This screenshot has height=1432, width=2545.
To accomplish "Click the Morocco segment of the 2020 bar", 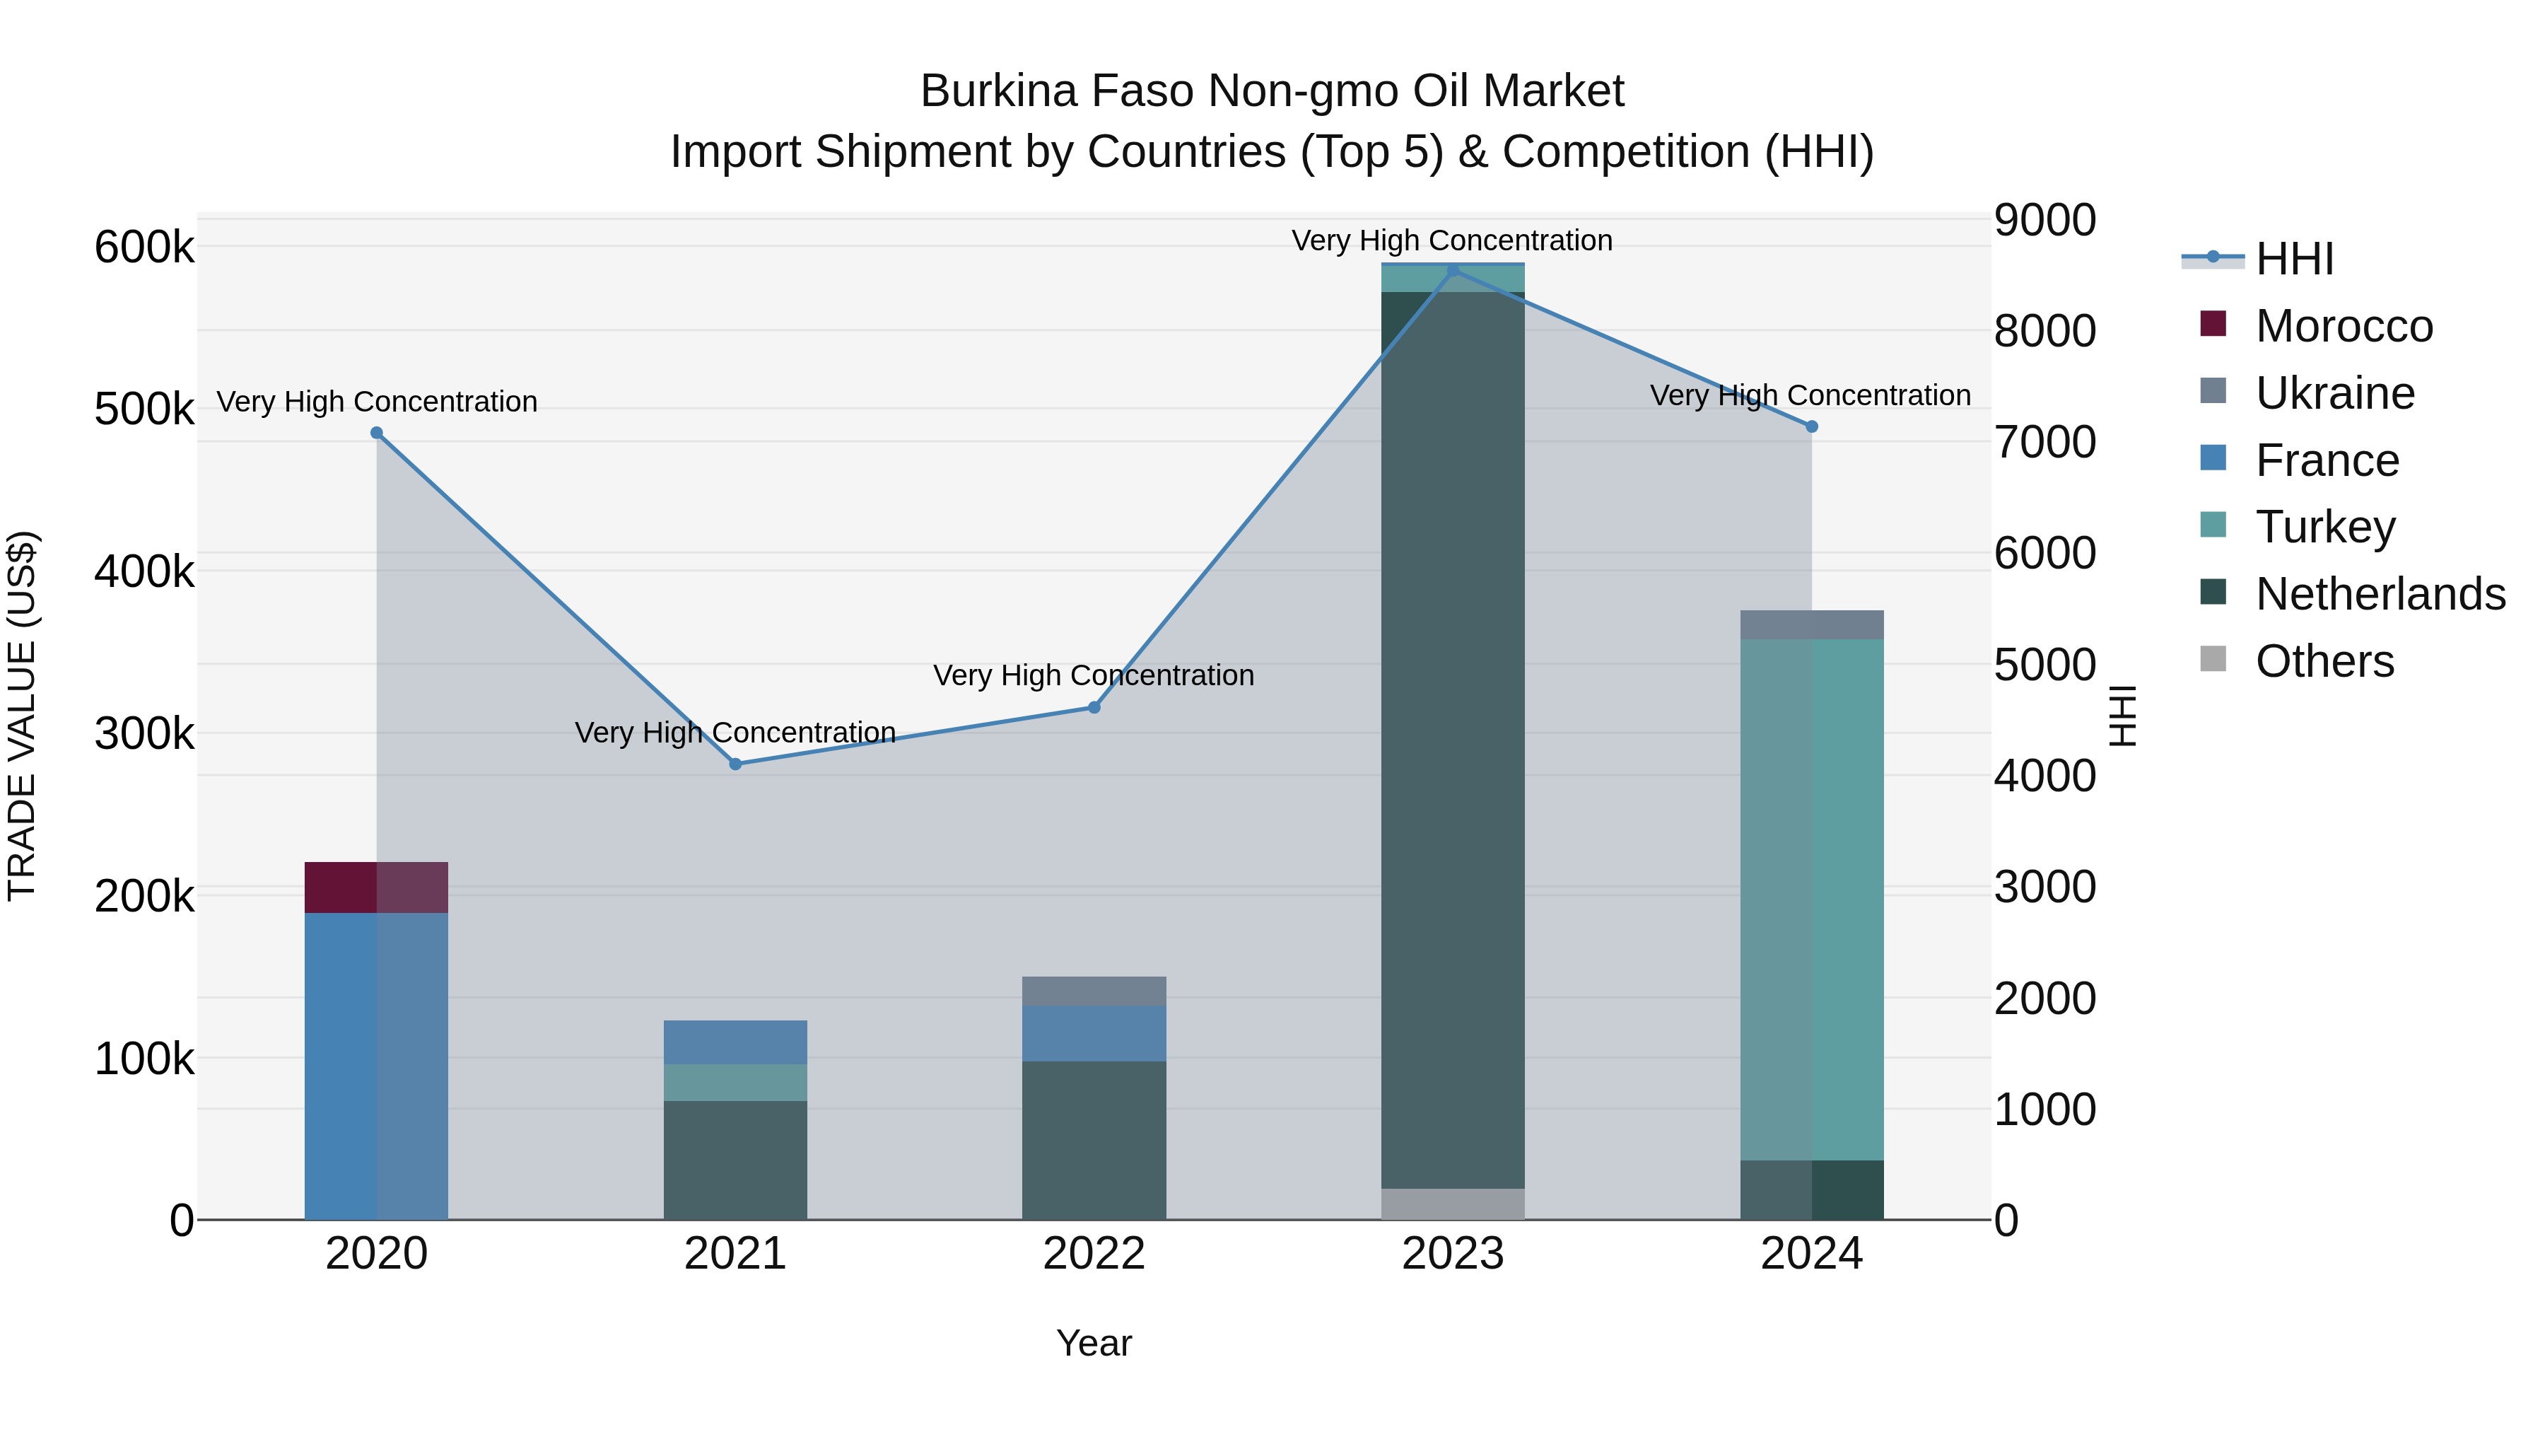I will click(375, 887).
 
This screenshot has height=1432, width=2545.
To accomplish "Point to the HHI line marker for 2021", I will click(735, 764).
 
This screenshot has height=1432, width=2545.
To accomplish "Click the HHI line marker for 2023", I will click(1452, 271).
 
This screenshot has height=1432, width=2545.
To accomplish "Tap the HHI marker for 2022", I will click(1094, 708).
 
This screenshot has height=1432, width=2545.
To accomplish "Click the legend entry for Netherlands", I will click(2380, 594).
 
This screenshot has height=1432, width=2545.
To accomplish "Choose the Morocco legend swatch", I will click(2213, 323).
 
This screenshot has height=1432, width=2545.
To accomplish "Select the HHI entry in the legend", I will click(2294, 259).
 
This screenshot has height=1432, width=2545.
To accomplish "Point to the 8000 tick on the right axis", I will click(2043, 331).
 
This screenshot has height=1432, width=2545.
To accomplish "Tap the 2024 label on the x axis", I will click(1811, 1254).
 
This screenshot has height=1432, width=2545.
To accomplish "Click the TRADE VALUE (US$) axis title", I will click(22, 716).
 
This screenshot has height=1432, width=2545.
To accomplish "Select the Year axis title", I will click(1094, 1343).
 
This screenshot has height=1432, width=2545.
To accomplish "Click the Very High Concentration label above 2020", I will click(376, 402).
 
